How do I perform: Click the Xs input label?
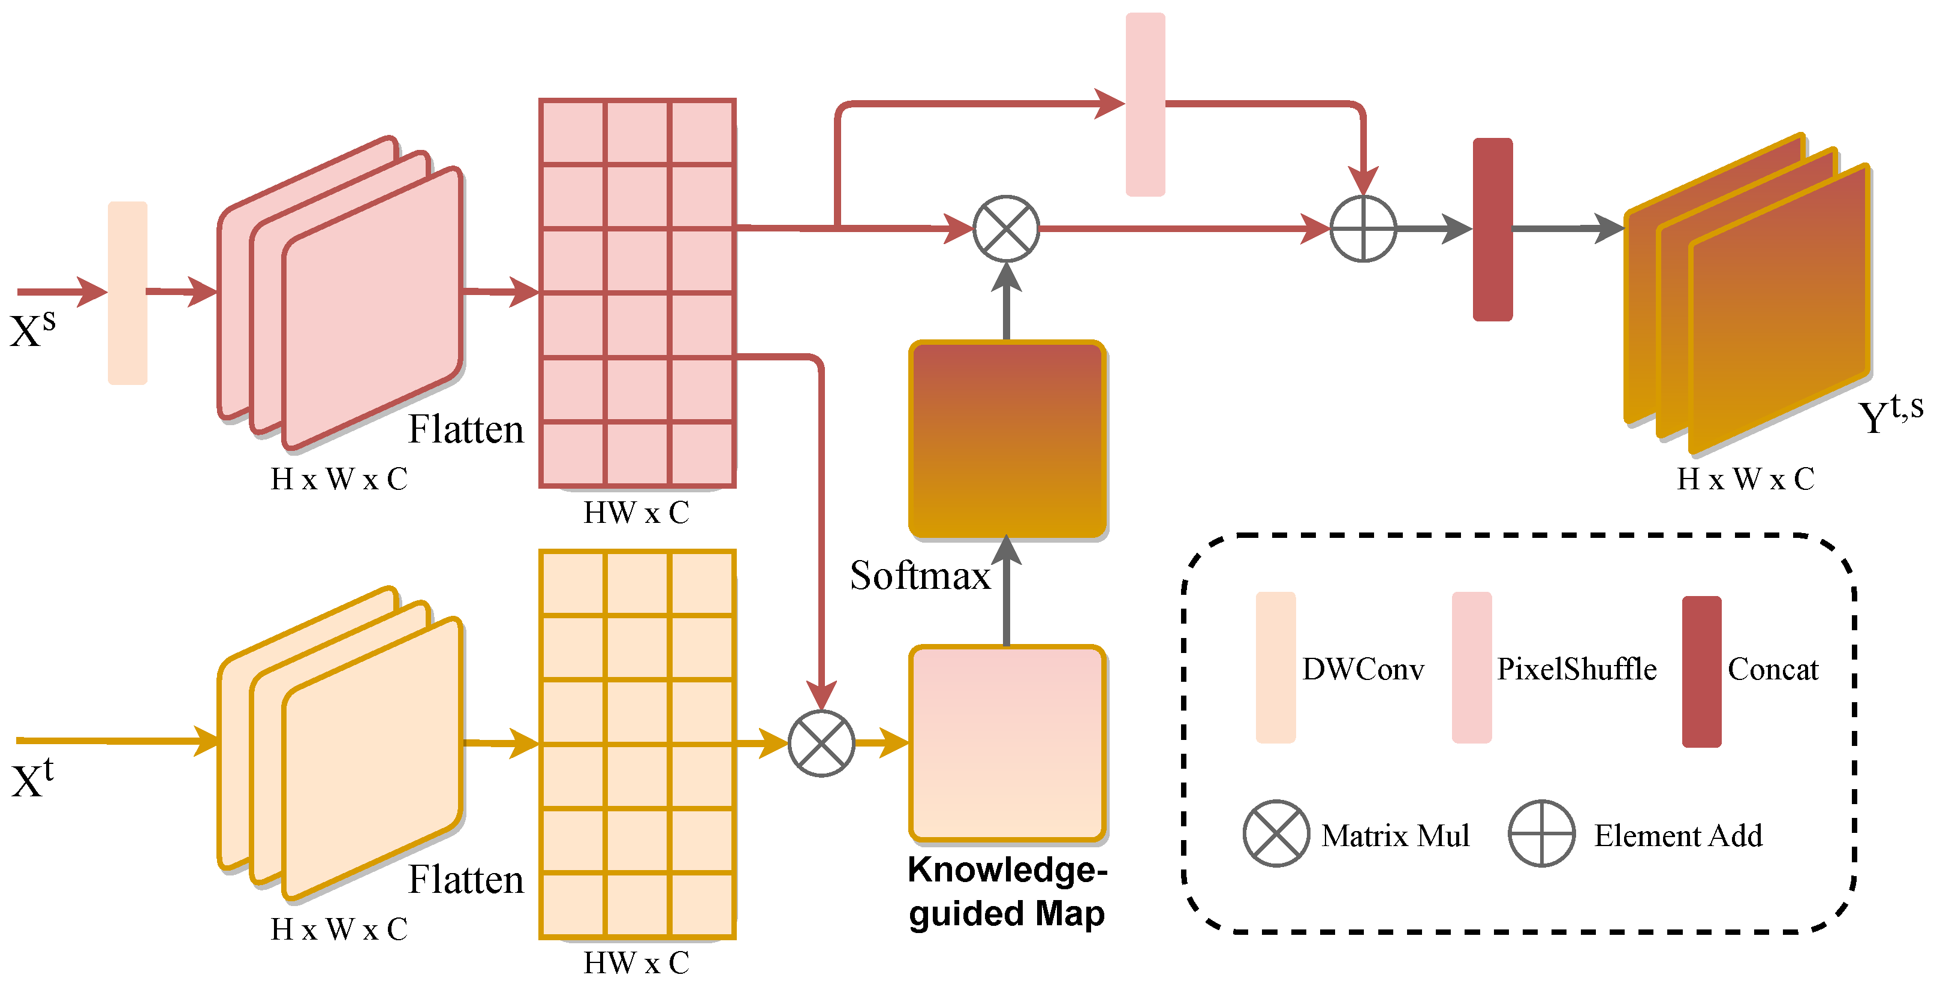pos(32,329)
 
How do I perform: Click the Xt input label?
pos(32,780)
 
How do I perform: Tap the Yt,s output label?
pos(1889,413)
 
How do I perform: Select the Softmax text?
pos(920,576)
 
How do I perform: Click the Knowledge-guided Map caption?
pos(1007,892)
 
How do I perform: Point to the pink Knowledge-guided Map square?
pos(1007,743)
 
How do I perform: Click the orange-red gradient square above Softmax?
pos(1007,440)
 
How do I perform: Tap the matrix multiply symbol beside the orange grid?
pos(821,743)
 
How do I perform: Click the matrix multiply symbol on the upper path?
pos(1006,228)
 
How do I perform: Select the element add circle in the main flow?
pos(1363,228)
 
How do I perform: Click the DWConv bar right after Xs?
pos(128,293)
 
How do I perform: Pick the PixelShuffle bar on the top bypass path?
pos(1145,104)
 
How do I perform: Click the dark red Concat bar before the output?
pos(1493,229)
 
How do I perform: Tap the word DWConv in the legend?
pos(1363,669)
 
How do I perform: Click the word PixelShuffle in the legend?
pos(1577,669)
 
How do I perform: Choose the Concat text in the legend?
pos(1773,669)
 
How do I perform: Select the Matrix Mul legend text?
pos(1395,835)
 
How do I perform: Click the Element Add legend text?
pos(1678,835)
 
